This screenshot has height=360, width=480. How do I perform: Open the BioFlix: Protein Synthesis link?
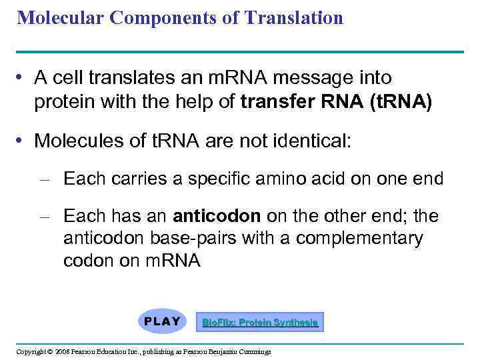260,323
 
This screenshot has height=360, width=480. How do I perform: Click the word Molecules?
77,141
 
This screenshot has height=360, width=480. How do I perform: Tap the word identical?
315,141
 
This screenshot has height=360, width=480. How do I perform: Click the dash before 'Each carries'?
46,179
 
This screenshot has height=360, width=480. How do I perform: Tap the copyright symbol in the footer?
49,351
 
